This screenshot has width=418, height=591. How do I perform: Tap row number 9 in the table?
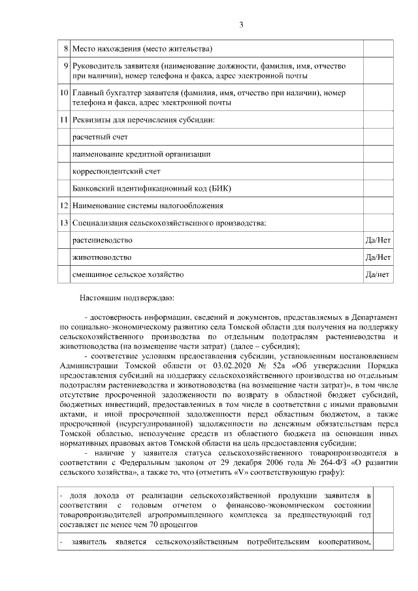pyautogui.click(x=66, y=66)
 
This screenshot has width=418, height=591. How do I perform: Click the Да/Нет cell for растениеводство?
pyautogui.click(x=378, y=240)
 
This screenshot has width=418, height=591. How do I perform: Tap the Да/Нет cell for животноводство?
pyautogui.click(x=378, y=257)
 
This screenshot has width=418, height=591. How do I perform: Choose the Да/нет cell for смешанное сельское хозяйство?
pyautogui.click(x=378, y=274)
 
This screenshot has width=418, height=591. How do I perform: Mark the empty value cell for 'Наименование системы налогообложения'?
pyautogui.click(x=378, y=206)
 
